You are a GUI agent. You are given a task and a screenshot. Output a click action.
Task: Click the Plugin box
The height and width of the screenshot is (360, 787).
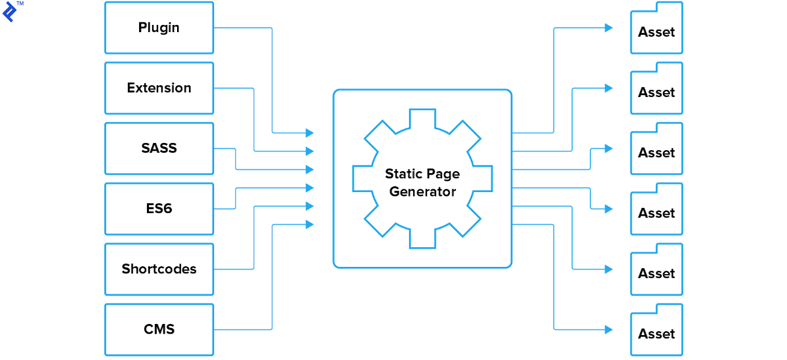[159, 28]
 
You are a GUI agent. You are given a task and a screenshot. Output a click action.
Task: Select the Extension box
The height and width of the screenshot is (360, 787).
[159, 88]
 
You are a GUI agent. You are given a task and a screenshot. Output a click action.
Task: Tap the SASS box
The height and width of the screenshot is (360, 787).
[159, 148]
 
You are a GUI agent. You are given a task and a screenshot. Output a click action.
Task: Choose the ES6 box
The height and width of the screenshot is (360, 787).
[159, 209]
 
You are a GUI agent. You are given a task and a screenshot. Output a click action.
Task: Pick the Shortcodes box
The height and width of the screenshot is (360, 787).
[159, 269]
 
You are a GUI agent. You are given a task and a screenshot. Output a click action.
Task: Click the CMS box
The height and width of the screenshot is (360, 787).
[159, 329]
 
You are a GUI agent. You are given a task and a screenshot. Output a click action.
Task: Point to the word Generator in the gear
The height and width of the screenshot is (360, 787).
[422, 191]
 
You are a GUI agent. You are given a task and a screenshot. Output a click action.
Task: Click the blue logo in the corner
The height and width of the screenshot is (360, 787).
[9, 13]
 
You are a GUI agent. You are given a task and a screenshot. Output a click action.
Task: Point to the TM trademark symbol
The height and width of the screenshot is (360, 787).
[20, 4]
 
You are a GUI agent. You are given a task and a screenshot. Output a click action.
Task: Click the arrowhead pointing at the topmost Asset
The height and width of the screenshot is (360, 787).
[609, 28]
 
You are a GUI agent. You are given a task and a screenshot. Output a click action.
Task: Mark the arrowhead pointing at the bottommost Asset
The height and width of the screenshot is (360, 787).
[609, 329]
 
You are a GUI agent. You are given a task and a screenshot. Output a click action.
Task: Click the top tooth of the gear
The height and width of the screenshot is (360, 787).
[422, 118]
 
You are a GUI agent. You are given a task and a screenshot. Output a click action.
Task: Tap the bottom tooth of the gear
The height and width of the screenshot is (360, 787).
[422, 239]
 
